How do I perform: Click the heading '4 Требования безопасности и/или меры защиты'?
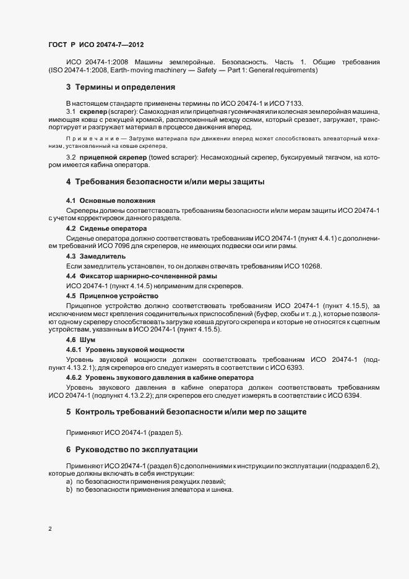click(x=165, y=182)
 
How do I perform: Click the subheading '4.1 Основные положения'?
click(x=110, y=201)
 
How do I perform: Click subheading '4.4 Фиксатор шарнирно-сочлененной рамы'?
click(x=141, y=275)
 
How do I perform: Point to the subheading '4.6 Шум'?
click(x=80, y=340)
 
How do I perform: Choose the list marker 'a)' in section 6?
click(x=69, y=481)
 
